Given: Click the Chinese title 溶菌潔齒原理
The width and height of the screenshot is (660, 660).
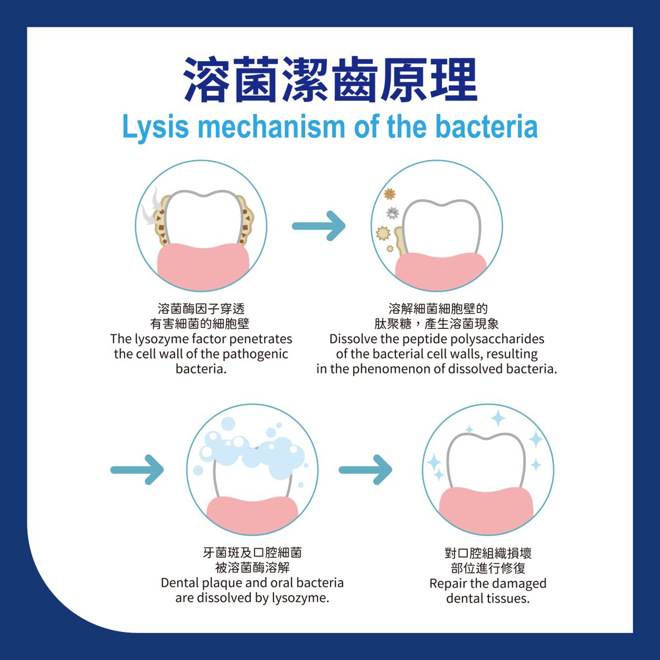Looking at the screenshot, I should click(x=330, y=81).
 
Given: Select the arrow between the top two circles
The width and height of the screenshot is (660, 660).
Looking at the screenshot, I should click(x=319, y=226).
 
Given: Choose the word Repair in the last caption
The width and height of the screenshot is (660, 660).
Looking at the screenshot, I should click(x=448, y=584).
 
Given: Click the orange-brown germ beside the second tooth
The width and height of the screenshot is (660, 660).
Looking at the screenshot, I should click(x=390, y=194).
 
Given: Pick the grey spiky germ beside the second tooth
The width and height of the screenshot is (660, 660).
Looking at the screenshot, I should click(x=392, y=212).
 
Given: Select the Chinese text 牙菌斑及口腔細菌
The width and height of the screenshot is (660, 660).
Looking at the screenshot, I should click(x=252, y=553).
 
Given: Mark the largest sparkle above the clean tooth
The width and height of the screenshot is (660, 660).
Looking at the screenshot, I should click(x=498, y=417).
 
